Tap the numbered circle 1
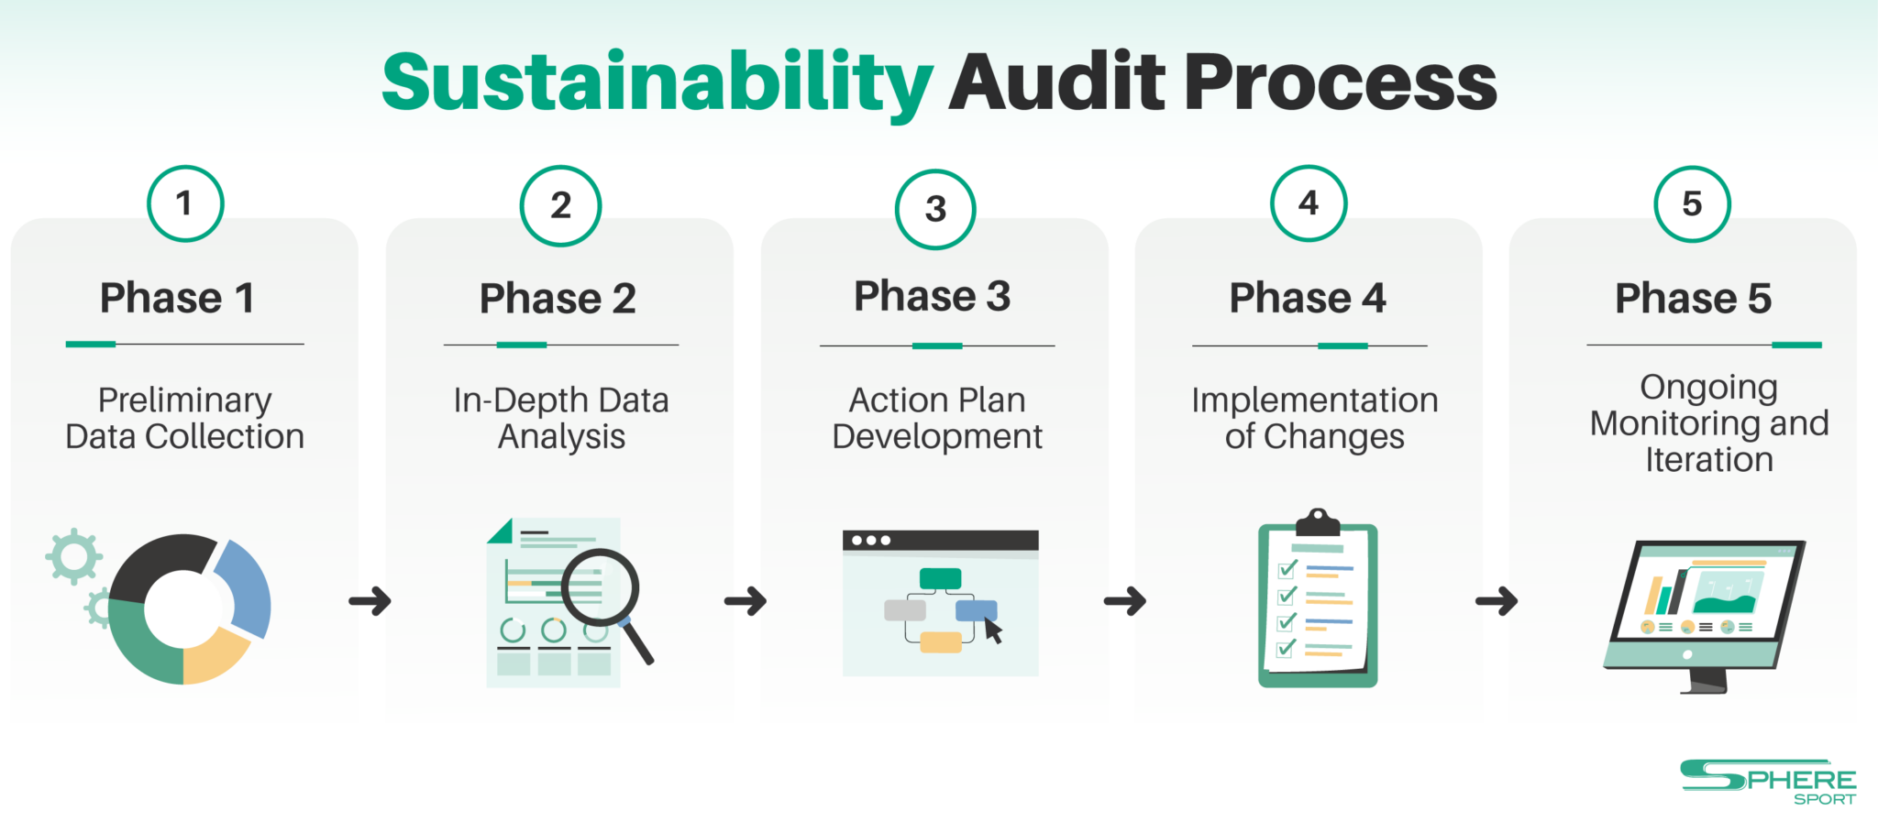(185, 203)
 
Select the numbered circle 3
(935, 209)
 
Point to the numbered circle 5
(1693, 203)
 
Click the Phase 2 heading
(558, 299)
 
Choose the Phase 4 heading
(1308, 298)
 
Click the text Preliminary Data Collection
(185, 419)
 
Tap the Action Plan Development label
(937, 419)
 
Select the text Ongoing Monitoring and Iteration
(1709, 423)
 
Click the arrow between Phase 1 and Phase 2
(370, 601)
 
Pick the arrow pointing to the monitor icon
(1497, 601)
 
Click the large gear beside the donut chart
(73, 556)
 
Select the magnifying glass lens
(600, 586)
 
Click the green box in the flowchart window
(940, 578)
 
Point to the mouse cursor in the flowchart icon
(993, 630)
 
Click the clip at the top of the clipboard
(1318, 522)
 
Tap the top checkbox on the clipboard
(1287, 569)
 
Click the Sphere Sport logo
(1768, 783)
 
